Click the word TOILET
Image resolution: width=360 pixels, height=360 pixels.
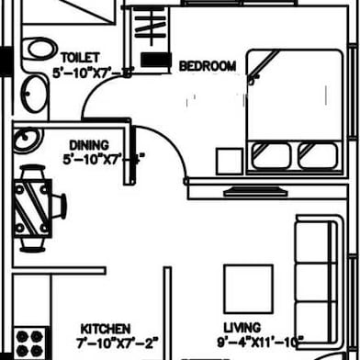pyautogui.click(x=80, y=56)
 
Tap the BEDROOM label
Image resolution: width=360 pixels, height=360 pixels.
pyautogui.click(x=207, y=66)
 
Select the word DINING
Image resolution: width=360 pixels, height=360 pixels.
pyautogui.click(x=88, y=145)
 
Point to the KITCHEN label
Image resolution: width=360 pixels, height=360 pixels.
pyautogui.click(x=105, y=328)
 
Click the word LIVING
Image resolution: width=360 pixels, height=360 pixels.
pyautogui.click(x=241, y=327)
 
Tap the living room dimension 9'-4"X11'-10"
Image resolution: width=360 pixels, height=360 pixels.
pyautogui.click(x=262, y=343)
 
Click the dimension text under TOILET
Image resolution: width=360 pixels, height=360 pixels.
pyautogui.click(x=92, y=72)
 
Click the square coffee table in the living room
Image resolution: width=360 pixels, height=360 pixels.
pyautogui.click(x=249, y=288)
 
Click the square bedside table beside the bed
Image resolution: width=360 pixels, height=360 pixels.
pyautogui.click(x=229, y=160)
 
